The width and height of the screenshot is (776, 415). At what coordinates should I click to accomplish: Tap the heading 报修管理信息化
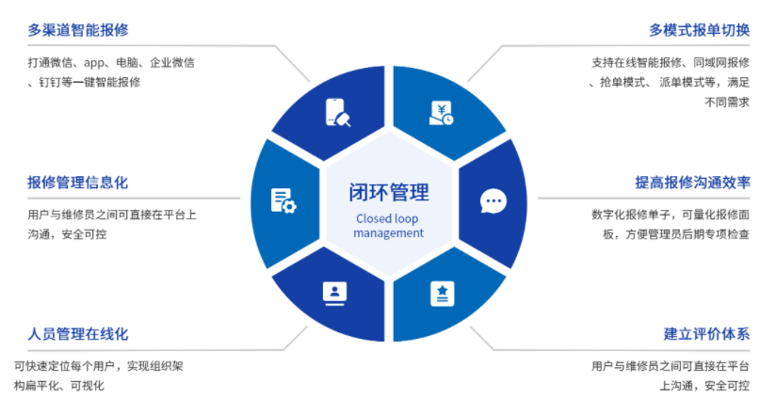pyautogui.click(x=78, y=182)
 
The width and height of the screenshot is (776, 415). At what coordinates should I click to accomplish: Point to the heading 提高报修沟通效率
pyautogui.click(x=692, y=182)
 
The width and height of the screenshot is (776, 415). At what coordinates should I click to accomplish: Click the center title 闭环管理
pyautogui.click(x=389, y=193)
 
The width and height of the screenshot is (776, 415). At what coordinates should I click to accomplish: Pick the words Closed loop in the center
pyautogui.click(x=389, y=218)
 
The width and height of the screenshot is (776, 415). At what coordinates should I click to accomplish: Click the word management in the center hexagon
pyautogui.click(x=389, y=232)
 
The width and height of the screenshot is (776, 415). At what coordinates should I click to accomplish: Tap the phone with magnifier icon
pyautogui.click(x=337, y=113)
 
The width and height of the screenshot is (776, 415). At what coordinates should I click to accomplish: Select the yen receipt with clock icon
pyautogui.click(x=441, y=113)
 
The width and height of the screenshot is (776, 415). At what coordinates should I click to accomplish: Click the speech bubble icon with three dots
pyautogui.click(x=493, y=200)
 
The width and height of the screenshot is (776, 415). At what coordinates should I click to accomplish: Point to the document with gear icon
pyautogui.click(x=283, y=200)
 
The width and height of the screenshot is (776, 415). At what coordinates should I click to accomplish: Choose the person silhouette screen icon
pyautogui.click(x=334, y=293)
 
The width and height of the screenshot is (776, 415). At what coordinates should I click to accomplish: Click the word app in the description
pyautogui.click(x=94, y=63)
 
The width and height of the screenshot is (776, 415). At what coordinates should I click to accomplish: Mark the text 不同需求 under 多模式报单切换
pyautogui.click(x=727, y=103)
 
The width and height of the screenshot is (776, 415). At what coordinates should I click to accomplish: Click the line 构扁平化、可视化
pyautogui.click(x=59, y=385)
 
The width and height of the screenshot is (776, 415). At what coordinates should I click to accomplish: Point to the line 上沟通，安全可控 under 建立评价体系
pyautogui.click(x=697, y=385)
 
